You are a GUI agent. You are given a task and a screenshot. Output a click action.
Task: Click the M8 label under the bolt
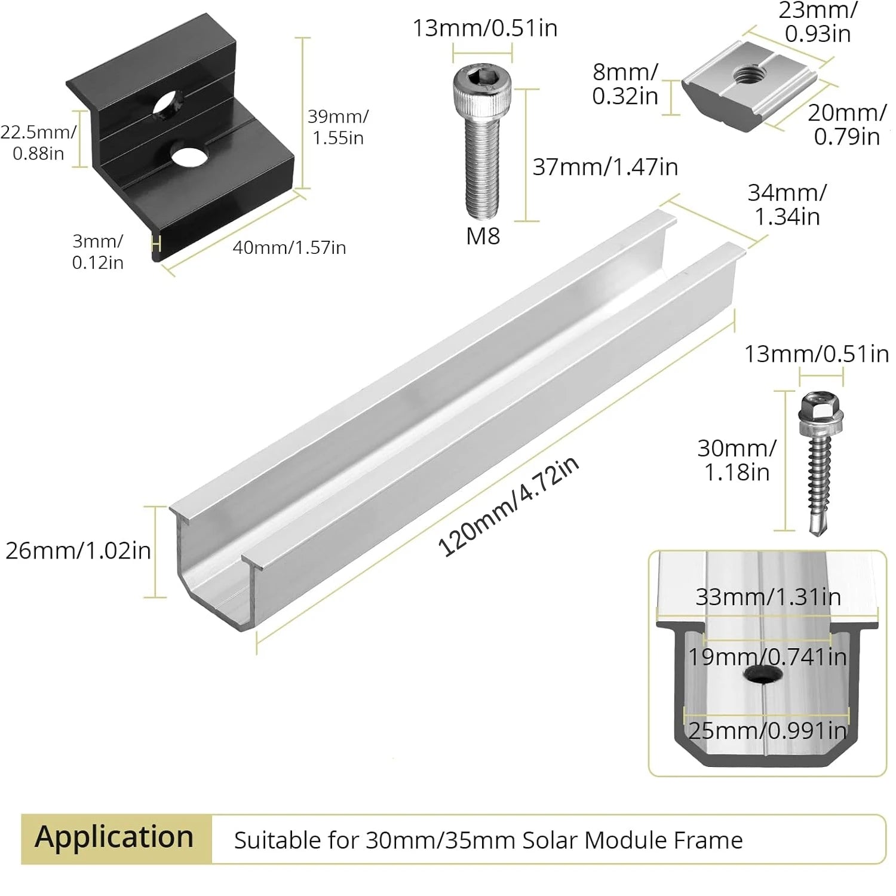click(x=483, y=237)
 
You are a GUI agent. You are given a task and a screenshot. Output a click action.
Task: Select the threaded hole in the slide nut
click(x=745, y=75)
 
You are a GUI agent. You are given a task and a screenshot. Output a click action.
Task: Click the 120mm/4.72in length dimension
click(x=509, y=507)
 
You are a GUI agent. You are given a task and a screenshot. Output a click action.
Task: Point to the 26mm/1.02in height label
click(x=78, y=551)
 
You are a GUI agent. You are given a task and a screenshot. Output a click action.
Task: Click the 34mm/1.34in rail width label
click(x=787, y=204)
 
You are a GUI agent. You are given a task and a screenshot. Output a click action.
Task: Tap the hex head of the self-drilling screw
click(x=821, y=407)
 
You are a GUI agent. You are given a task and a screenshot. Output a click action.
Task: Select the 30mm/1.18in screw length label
click(x=737, y=460)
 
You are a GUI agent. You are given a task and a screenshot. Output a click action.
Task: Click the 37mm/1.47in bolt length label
click(x=605, y=167)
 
